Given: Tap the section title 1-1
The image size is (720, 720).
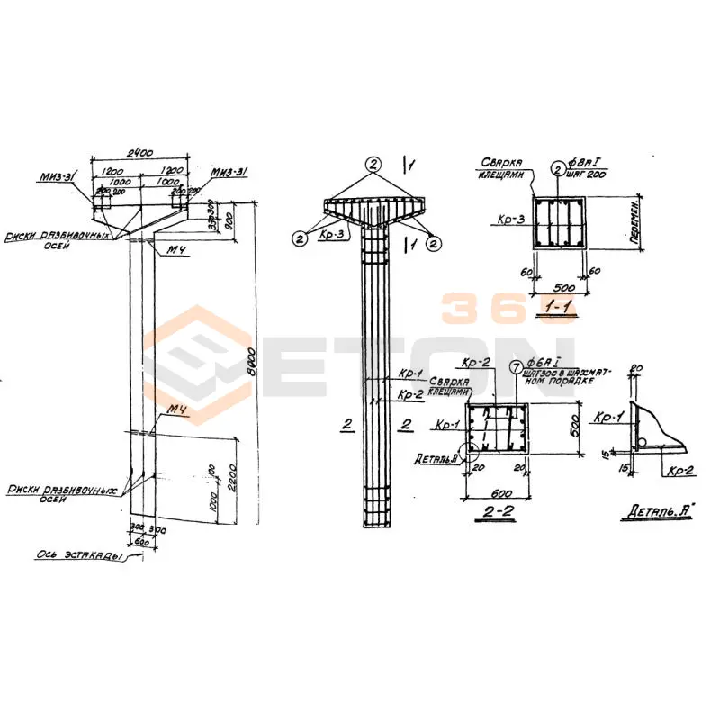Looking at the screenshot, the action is [x=556, y=308].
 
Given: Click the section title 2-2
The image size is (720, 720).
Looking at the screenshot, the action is [x=498, y=512].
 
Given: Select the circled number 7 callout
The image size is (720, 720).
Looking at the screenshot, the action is [x=515, y=367].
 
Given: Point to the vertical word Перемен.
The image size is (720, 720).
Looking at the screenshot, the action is [x=635, y=224].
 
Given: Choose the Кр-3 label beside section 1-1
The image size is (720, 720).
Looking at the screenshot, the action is [x=508, y=219].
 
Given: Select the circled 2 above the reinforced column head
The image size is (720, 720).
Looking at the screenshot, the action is [x=374, y=164].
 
